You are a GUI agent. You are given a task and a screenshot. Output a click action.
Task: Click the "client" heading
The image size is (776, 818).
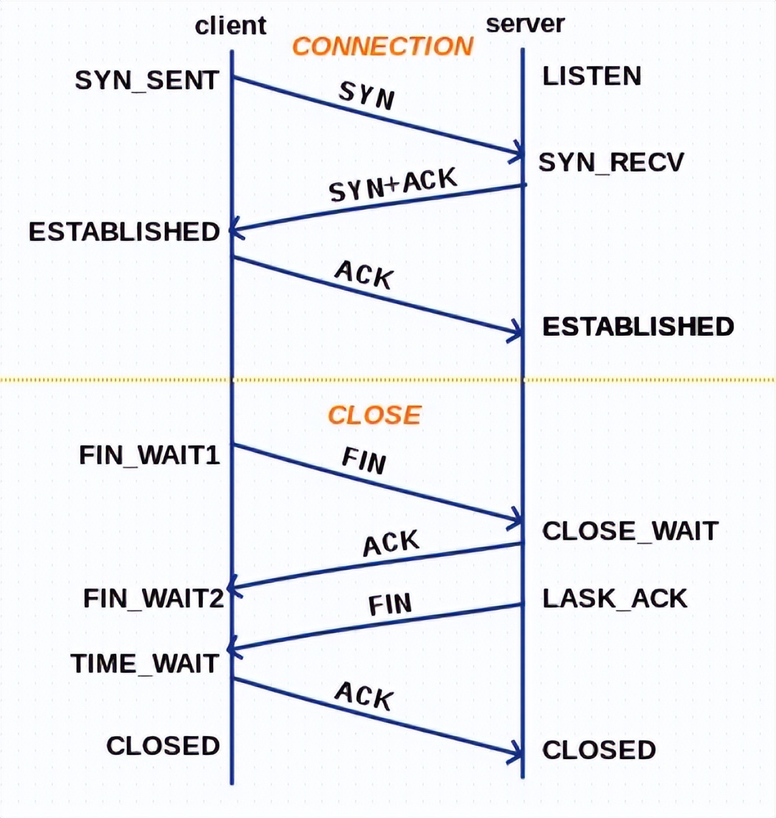pos(230,26)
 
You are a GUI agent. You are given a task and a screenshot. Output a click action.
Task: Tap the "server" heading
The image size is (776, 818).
pos(525,24)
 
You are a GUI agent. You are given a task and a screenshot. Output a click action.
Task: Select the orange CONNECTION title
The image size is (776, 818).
pos(383,47)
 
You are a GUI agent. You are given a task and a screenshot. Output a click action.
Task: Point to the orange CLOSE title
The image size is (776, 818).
pos(374,415)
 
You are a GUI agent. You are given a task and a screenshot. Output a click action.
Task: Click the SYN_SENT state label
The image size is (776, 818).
pos(146,80)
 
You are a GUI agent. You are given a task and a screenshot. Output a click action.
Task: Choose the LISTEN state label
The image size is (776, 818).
pos(592,76)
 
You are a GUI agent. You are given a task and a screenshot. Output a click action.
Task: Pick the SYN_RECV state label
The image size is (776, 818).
pos(611,163)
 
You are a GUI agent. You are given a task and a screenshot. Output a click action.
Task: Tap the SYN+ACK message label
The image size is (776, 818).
pos(392,185)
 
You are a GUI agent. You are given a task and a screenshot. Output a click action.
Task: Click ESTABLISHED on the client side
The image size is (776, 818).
pos(124,232)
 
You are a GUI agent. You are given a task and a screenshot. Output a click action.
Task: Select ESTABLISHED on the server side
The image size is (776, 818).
pos(638,327)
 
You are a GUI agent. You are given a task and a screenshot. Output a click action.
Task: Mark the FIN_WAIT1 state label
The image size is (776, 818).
pos(149,455)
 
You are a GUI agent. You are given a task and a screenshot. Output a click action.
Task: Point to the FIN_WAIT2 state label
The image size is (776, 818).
pos(153,598)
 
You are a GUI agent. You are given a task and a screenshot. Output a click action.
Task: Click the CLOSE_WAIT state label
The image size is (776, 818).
pos(630,531)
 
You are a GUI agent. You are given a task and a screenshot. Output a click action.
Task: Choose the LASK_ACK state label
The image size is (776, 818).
pos(615,598)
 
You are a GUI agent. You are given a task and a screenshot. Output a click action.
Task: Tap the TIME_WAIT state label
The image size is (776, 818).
pos(144,664)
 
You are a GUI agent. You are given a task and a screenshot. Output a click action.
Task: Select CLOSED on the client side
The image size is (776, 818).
pos(163,746)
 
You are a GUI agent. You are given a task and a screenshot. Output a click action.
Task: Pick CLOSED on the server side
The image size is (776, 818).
pos(599,751)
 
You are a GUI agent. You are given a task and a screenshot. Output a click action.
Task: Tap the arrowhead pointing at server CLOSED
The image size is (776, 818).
pos(518,755)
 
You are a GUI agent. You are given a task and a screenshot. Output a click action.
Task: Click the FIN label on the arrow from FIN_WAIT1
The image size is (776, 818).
pos(364,460)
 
